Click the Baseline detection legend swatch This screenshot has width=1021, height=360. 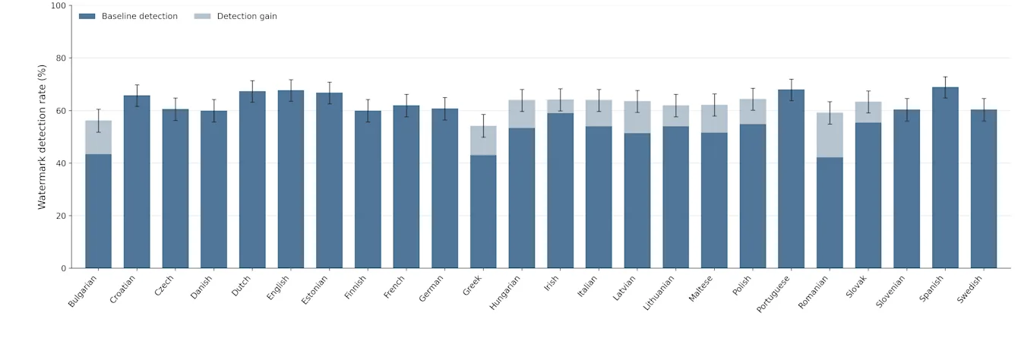coord(87,17)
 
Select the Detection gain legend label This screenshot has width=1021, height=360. coord(247,17)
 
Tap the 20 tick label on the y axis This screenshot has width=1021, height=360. coord(61,216)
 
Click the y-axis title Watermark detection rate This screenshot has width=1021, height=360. coord(42,137)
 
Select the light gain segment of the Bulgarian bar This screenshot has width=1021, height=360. coord(99,137)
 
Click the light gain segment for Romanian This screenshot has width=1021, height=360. coord(830,135)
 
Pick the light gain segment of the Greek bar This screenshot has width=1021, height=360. coord(483,141)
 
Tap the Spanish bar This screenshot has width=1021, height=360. coord(945,178)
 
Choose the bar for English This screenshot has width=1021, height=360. coord(291,179)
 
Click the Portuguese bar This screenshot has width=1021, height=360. coord(792,178)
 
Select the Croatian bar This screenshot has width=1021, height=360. coord(137,182)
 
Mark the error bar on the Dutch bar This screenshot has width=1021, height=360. coord(252,91)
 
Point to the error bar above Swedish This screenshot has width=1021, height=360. coord(984,110)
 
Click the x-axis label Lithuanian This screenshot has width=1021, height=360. coord(659,294)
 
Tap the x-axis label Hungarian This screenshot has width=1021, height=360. coord(504,293)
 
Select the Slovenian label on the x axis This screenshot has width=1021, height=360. coord(890,292)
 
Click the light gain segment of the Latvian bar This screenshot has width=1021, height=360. coord(637,118)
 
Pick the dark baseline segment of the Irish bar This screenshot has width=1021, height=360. coord(560,191)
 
